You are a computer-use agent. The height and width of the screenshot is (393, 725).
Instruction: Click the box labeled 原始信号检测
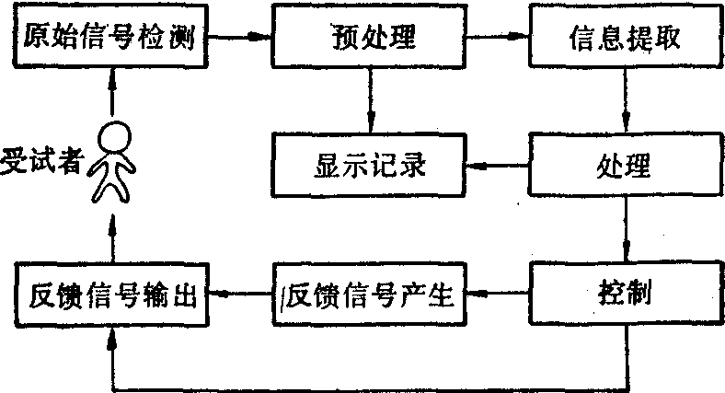point(109,38)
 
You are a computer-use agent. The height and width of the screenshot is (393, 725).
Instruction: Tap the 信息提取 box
point(625,38)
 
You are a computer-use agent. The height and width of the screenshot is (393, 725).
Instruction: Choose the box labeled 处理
point(625,168)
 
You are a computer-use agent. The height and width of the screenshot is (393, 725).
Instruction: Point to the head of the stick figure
point(116,137)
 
